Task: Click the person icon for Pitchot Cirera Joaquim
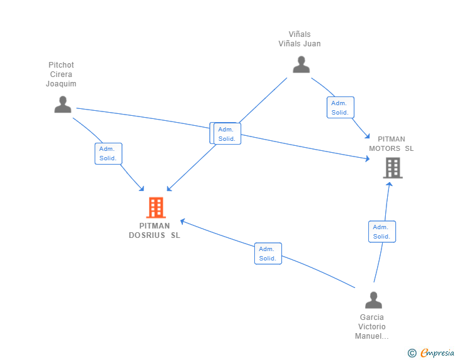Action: (63, 105)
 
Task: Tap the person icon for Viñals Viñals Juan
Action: (301, 64)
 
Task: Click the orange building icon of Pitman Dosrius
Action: (155, 207)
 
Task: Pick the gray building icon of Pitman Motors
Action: (393, 168)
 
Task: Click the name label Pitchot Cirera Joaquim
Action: (61, 75)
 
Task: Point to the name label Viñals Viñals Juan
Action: (299, 39)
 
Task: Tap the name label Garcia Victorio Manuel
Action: (372, 326)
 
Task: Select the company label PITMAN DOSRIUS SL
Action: (154, 230)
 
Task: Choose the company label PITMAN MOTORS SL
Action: (391, 144)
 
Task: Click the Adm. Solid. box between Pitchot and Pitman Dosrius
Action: (108, 153)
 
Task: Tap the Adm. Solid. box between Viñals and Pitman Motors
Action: (340, 108)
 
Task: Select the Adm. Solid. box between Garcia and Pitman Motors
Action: (381, 232)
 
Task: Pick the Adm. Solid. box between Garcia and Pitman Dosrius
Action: (267, 254)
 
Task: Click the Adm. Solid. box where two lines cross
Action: (227, 134)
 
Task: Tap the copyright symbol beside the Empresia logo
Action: (412, 353)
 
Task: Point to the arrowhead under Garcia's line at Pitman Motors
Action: (389, 183)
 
